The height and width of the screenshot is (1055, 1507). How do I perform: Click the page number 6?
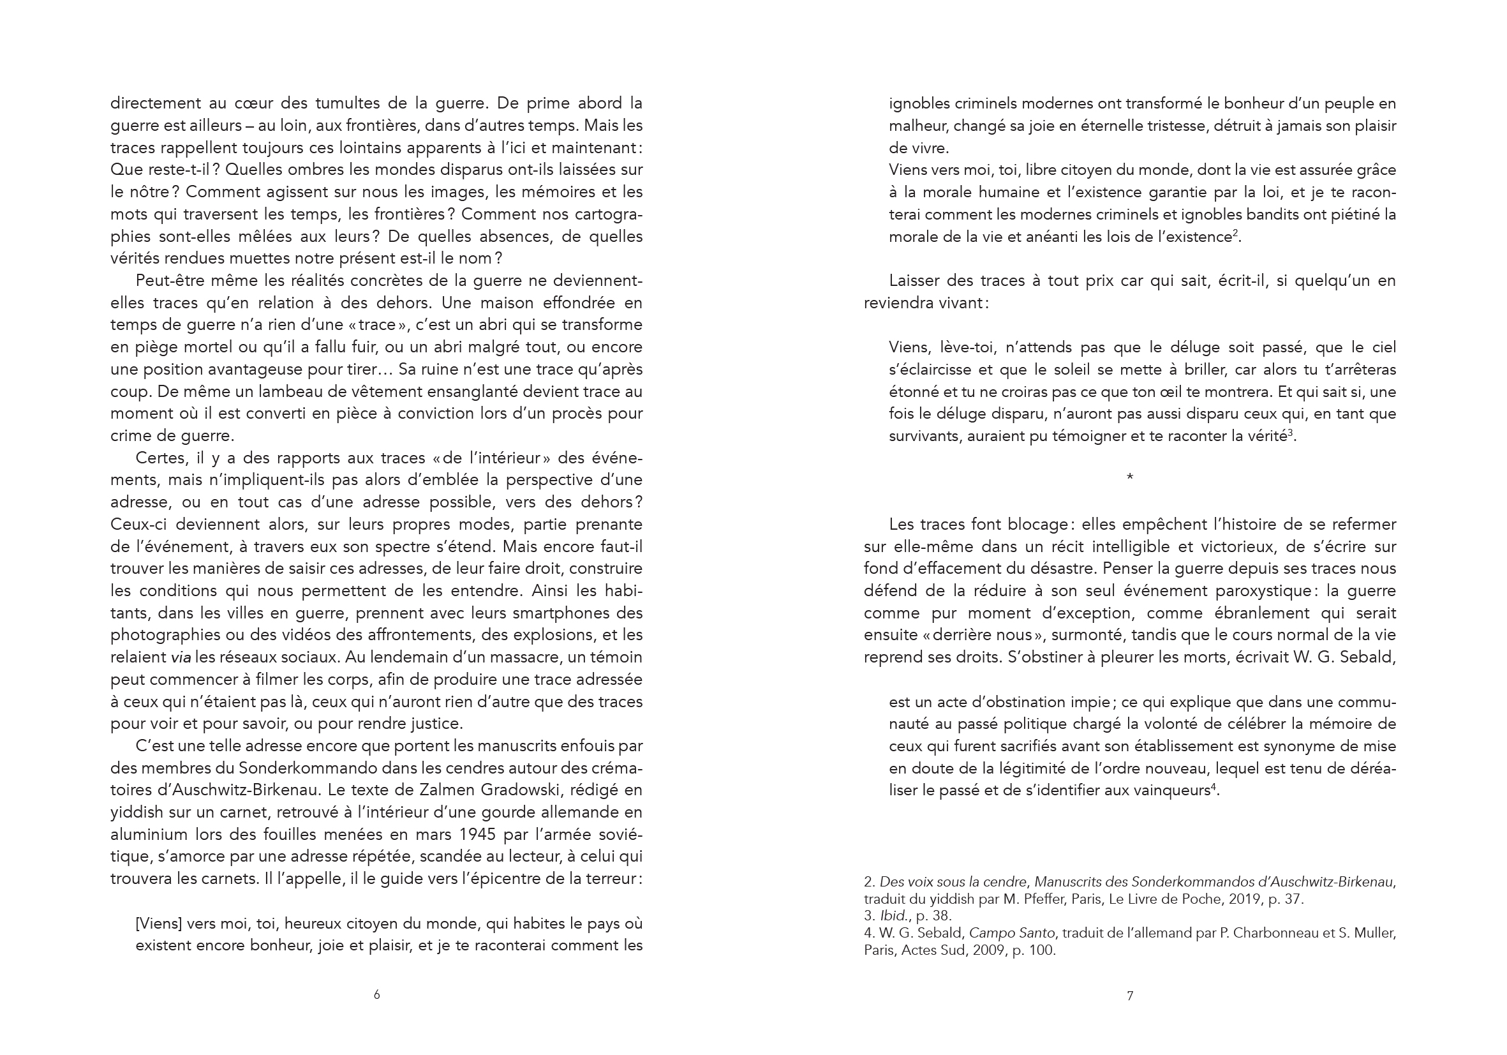coord(376,994)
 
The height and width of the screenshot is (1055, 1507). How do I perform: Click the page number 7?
coord(1129,996)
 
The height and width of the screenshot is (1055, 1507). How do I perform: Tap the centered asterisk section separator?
coord(1129,477)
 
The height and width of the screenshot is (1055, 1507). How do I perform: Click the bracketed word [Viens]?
coord(158,924)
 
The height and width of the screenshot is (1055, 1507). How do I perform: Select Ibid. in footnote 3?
coord(893,915)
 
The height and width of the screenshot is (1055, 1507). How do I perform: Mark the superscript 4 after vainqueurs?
coord(1214,786)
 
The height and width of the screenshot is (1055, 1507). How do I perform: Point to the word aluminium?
coord(149,834)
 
